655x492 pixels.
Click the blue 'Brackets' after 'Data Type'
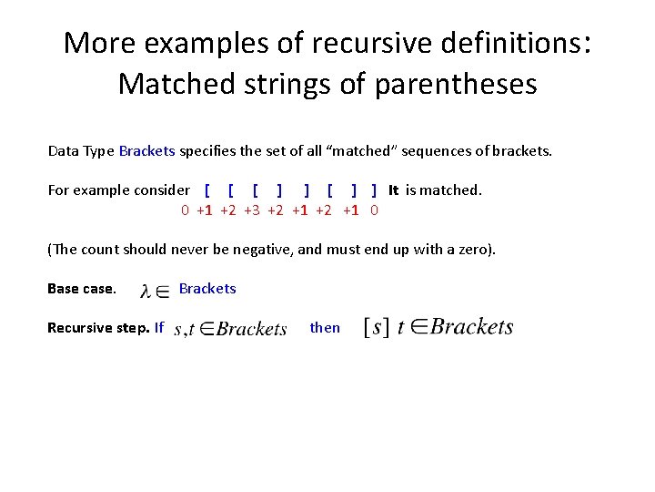(x=146, y=151)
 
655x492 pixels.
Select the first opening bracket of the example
(x=207, y=190)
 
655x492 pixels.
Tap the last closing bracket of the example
(x=374, y=190)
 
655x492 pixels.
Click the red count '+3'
(x=252, y=210)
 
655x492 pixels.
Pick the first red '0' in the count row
(x=185, y=210)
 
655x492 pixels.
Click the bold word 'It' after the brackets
(x=393, y=190)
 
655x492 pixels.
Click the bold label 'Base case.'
(x=82, y=289)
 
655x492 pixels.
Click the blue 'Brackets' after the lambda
(x=207, y=289)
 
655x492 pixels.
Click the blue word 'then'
(x=325, y=327)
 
